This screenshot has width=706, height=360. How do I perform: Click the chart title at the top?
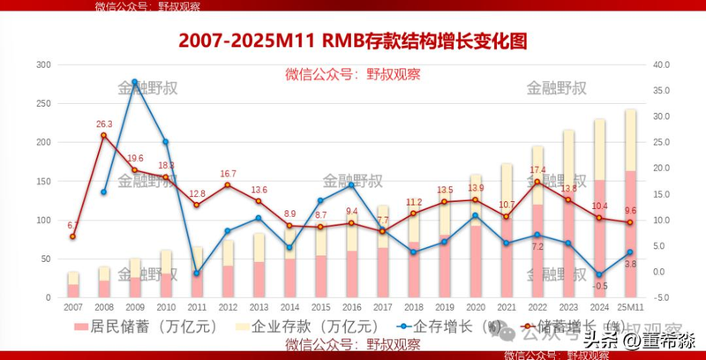[x=352, y=41]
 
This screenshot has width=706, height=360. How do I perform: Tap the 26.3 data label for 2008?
[x=103, y=124]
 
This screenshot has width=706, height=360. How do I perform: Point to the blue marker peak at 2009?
[x=134, y=82]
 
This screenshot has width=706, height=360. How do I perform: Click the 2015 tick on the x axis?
[x=320, y=306]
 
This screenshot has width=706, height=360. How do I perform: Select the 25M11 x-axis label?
[x=630, y=306]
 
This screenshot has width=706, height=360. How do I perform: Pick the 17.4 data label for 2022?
[x=537, y=170]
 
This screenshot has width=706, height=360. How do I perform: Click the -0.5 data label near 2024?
[x=601, y=285]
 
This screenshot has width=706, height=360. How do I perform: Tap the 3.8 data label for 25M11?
[x=631, y=264]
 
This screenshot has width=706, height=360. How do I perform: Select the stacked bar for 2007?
[x=72, y=285]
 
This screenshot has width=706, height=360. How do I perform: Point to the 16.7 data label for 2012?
[x=228, y=174]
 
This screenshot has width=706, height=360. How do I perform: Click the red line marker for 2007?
[x=72, y=236]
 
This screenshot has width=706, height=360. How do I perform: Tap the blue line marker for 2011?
[x=197, y=274]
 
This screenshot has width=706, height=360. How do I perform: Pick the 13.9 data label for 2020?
[x=476, y=188]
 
